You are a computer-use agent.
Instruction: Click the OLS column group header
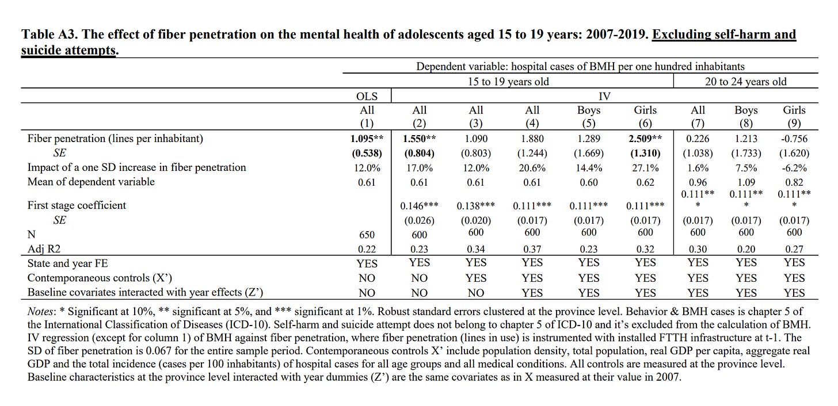367,97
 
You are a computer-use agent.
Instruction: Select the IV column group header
604,97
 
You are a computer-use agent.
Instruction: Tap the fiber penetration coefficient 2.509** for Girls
645,139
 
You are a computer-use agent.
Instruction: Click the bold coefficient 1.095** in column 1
367,139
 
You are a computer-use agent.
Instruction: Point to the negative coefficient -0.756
794,139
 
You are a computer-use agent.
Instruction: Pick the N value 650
367,235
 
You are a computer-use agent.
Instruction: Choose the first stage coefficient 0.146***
420,206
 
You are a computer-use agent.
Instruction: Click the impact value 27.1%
645,168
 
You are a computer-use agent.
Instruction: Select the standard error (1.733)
746,154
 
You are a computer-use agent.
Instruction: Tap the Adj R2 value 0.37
532,249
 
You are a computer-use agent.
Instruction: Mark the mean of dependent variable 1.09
746,182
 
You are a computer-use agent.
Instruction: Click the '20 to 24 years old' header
745,82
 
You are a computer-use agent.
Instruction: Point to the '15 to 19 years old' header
508,82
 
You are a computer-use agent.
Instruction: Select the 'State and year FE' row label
67,263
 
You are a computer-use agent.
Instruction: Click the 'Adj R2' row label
44,249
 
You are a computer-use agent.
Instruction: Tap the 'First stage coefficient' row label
77,205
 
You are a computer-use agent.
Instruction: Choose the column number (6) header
645,124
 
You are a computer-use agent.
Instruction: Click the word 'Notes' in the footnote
41,312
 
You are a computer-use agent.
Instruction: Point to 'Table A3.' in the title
49,35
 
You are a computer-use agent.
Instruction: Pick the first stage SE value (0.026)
420,221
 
